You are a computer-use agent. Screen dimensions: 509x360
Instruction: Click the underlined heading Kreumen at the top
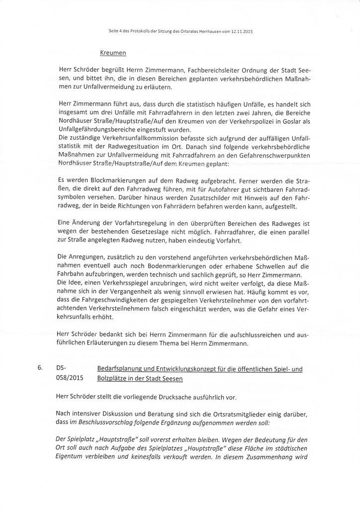click(113, 52)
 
